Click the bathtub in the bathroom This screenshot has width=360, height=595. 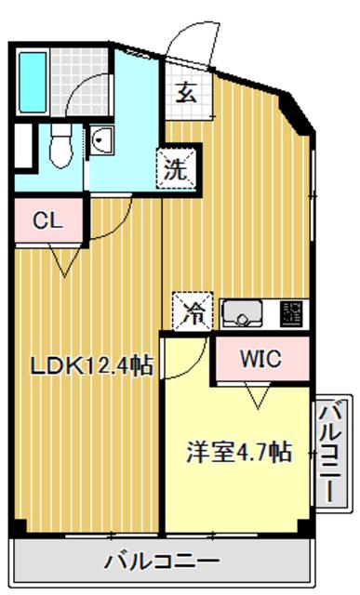point(33,83)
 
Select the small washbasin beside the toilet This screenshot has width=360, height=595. point(101,140)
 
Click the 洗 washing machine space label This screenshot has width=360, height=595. point(176,168)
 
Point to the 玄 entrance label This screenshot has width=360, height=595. point(186,92)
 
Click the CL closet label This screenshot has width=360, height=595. point(47,220)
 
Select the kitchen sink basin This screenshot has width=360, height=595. point(242,313)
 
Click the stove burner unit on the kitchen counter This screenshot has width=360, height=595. point(291,313)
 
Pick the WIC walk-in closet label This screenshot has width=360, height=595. point(261,359)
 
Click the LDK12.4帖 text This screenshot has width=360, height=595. point(92,366)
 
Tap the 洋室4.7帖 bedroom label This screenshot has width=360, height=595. point(239,453)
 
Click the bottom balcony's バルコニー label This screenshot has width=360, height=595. point(162,561)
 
